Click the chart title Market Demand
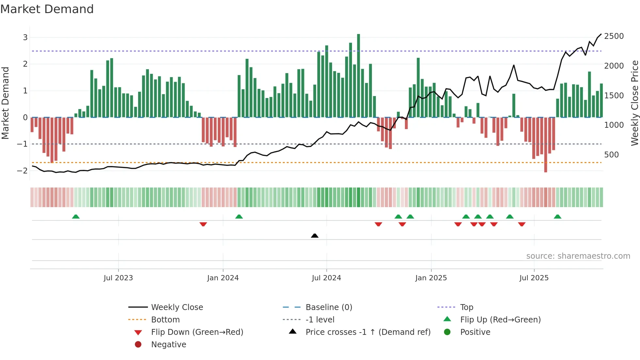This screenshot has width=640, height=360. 47,9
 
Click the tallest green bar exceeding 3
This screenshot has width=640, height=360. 359,75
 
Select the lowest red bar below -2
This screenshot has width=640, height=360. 546,145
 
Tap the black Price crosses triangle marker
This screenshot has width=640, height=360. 315,236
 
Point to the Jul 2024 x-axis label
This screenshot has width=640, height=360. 326,278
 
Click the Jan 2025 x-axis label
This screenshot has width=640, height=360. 431,278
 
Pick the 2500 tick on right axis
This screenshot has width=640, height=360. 614,36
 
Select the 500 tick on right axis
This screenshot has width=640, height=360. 611,155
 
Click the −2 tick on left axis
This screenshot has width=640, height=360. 23,171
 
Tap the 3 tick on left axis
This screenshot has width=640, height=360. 25,37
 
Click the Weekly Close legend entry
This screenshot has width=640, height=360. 177,307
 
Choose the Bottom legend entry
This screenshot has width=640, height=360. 165,320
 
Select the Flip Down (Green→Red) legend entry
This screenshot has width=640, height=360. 197,332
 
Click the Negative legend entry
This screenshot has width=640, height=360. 168,345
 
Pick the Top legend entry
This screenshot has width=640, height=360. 467,307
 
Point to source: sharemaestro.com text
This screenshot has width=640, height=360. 578,256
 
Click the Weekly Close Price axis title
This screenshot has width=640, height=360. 634,103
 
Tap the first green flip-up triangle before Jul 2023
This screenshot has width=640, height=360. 76,217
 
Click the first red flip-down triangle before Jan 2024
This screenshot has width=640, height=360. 203,224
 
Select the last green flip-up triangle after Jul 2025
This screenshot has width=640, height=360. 558,217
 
